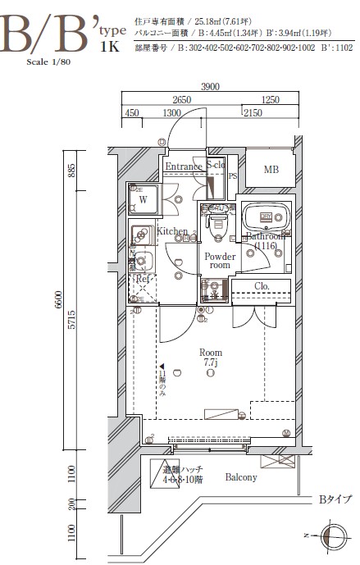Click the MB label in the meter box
click(x=270, y=170)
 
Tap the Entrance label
click(x=183, y=166)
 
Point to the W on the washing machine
click(x=142, y=199)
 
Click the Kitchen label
click(x=172, y=231)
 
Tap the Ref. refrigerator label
click(x=142, y=279)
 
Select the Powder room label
click(x=219, y=261)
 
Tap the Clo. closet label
click(x=262, y=286)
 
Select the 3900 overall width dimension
click(x=211, y=86)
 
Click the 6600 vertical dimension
click(x=71, y=302)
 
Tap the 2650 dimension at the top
click(x=181, y=99)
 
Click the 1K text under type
click(x=111, y=47)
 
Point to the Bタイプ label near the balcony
click(x=335, y=498)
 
